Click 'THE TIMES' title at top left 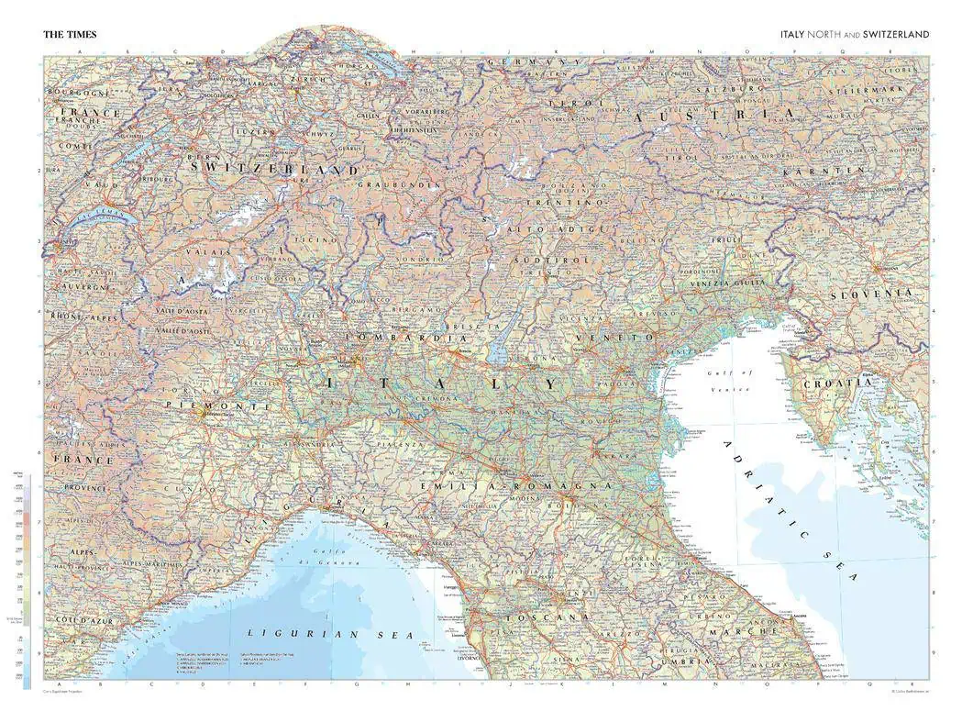pos(70,35)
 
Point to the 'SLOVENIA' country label pos(871,294)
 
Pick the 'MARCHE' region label pos(748,632)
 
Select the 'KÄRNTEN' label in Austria pos(824,172)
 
